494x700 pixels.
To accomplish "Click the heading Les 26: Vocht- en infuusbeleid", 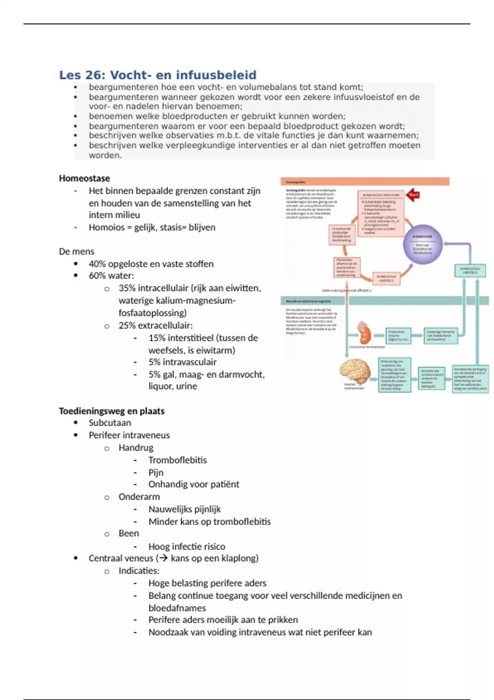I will click(158, 75).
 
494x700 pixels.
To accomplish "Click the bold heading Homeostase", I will click(84, 178).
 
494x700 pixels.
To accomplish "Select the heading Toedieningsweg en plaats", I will click(112, 411).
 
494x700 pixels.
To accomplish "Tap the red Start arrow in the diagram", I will click(413, 195).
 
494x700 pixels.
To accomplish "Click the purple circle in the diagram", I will click(422, 244).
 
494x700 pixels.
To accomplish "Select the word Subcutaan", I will click(110, 423).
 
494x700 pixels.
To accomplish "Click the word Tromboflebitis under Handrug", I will click(177, 460).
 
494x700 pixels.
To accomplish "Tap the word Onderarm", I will click(139, 497).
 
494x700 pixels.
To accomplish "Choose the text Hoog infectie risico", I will click(187, 546).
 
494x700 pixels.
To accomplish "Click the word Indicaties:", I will click(139, 571).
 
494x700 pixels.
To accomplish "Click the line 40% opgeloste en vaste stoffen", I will click(151, 264).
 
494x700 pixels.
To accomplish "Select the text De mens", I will click(77, 252).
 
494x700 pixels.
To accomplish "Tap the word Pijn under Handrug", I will click(156, 472).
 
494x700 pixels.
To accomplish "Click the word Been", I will click(129, 533).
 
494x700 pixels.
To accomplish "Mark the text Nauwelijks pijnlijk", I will click(185, 509).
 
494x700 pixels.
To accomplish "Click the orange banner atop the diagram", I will click(365, 182).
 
